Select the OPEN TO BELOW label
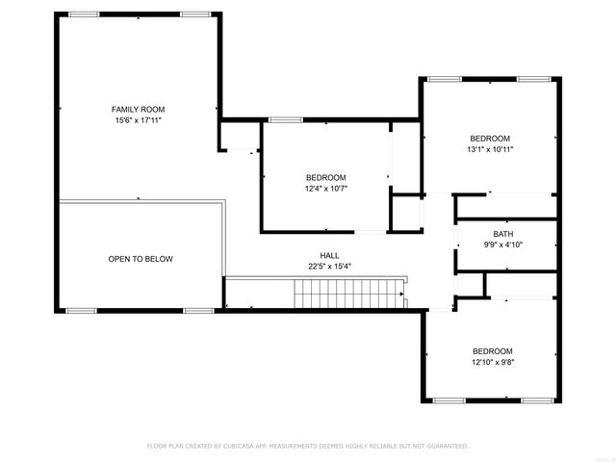141,259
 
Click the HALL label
329,255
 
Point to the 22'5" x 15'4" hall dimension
329,267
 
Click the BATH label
502,234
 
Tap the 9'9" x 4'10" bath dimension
502,245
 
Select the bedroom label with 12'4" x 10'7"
326,177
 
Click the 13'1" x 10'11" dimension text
490,149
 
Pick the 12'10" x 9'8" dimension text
492,363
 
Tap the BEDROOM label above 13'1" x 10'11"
490,138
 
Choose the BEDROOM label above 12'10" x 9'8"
492,351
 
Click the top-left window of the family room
84,14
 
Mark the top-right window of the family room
194,14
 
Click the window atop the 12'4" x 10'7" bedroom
284,119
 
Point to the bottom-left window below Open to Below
81,311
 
